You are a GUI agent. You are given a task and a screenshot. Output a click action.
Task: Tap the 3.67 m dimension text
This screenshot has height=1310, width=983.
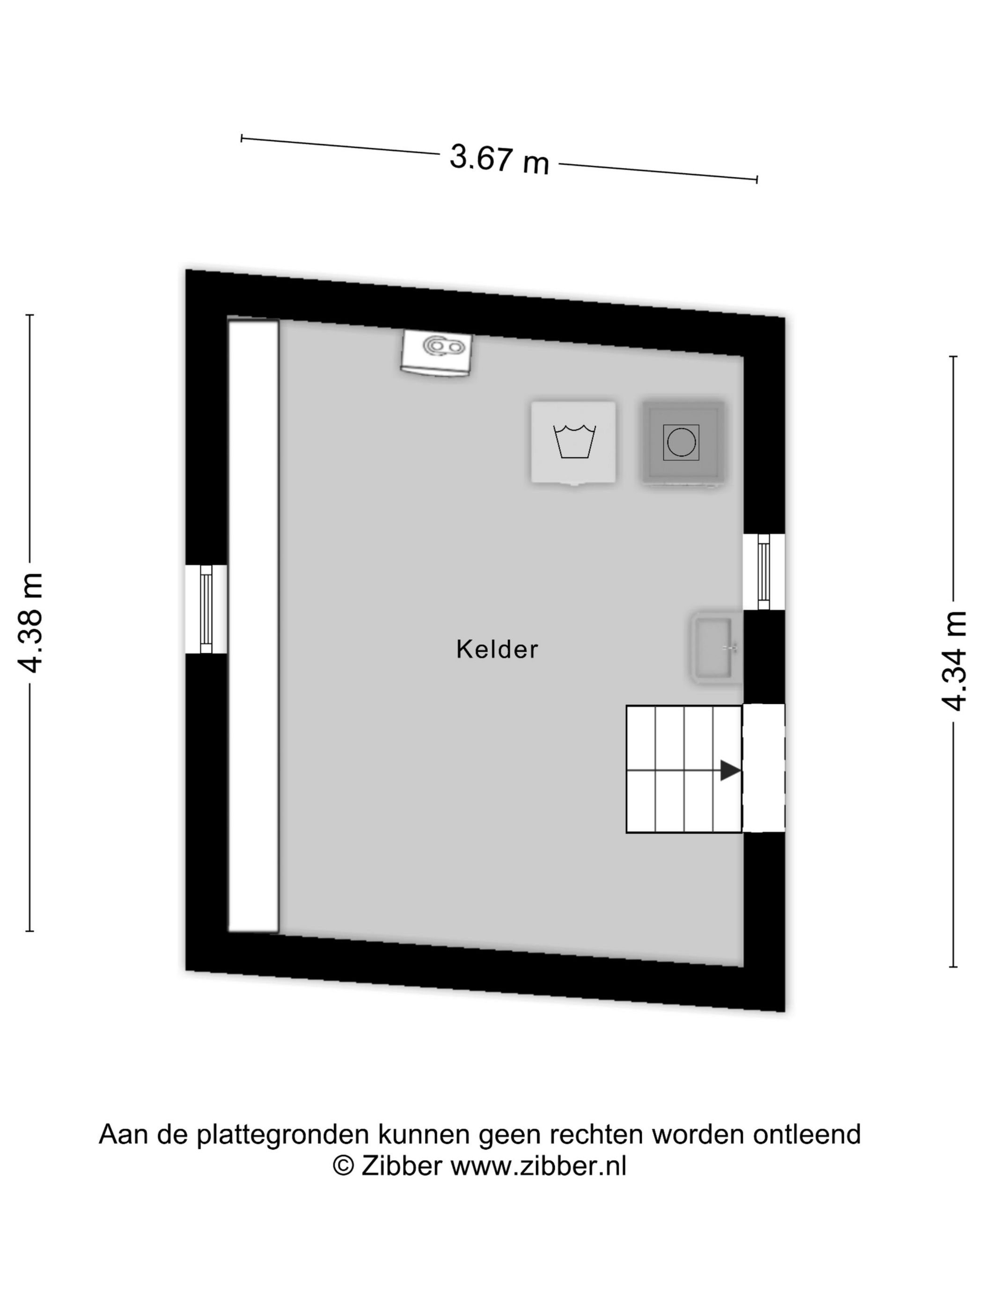499,160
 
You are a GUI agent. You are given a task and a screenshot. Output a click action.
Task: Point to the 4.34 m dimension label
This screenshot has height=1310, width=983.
954,660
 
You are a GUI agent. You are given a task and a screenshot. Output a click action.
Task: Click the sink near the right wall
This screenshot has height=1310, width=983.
716,648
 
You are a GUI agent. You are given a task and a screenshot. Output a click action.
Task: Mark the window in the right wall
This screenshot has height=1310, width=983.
764,572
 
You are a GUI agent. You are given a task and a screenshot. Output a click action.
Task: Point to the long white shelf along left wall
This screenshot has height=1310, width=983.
254,626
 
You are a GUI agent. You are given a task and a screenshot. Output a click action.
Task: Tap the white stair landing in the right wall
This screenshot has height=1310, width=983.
764,768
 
